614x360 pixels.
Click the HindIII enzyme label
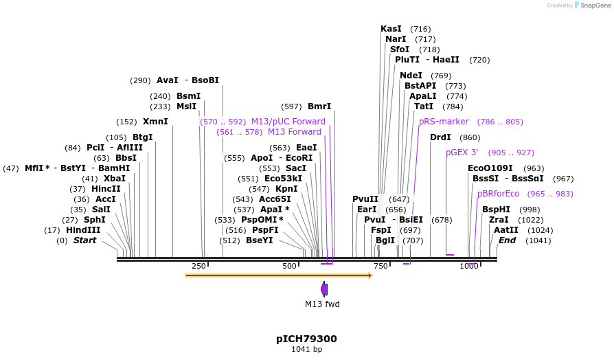83,230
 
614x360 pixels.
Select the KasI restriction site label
391,29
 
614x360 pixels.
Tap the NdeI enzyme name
411,76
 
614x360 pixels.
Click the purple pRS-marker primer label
444,122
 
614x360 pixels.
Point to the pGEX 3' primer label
462,153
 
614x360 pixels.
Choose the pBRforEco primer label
499,194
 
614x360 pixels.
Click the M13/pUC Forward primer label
288,122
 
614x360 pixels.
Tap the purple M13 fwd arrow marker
324,289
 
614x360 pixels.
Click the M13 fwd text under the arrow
322,304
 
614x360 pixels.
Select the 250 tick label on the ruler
198,266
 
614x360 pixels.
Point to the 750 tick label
380,266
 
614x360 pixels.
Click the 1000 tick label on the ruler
469,266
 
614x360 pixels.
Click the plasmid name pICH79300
306,339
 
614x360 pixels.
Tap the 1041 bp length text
306,350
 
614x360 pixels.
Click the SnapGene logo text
595,5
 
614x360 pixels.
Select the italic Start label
84,240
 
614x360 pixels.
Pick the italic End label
507,240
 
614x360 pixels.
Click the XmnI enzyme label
155,122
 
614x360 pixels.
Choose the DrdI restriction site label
440,137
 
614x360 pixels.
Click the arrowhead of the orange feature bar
370,275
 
